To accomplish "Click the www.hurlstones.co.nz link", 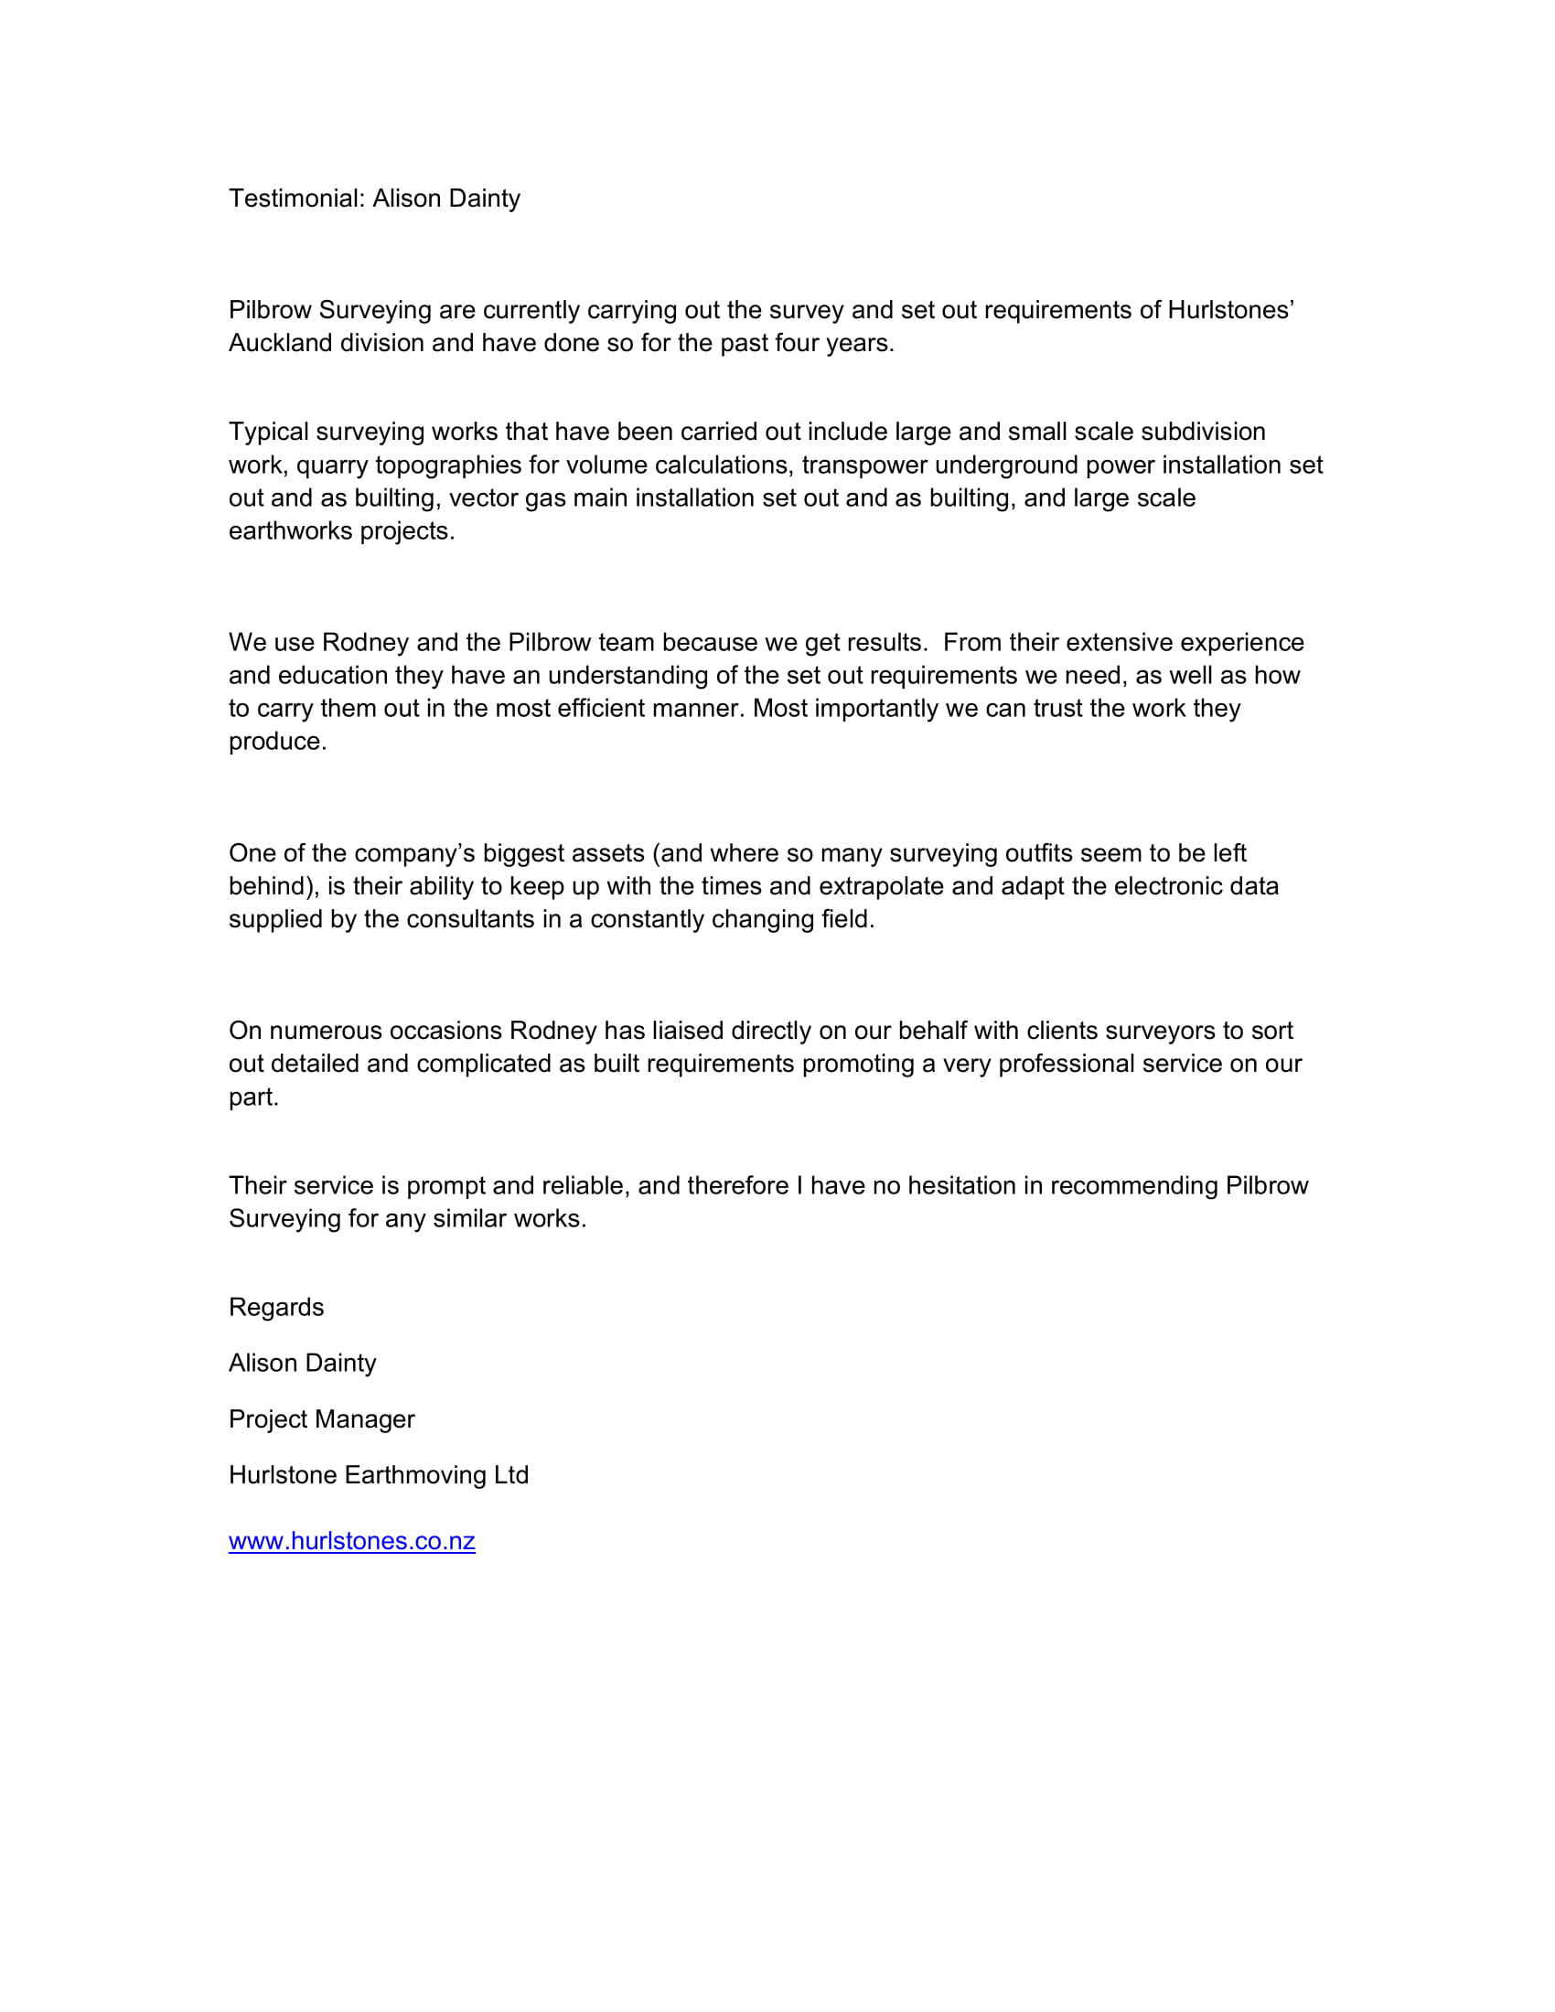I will (x=352, y=1541).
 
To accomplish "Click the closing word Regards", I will (x=276, y=1307).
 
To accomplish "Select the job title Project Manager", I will (x=321, y=1418).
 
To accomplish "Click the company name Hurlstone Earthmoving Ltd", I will (x=379, y=1475).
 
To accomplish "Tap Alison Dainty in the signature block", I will (x=302, y=1364).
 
